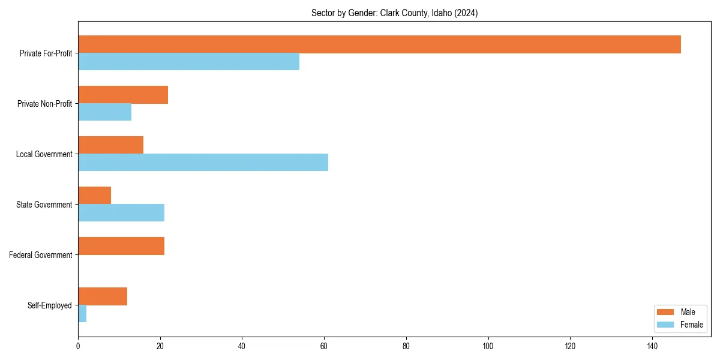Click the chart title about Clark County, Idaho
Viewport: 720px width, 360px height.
pos(394,13)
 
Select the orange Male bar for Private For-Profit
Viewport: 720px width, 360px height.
pos(379,44)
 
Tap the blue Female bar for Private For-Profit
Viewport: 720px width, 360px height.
pos(188,62)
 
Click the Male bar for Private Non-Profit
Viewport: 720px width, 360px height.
pos(123,95)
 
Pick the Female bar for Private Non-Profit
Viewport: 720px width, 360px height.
pos(104,112)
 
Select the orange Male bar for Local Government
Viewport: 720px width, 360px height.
pos(110,145)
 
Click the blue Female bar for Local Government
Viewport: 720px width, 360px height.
pos(203,163)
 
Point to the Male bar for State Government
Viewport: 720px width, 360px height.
pos(94,196)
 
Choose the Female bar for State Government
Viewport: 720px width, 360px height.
pos(121,213)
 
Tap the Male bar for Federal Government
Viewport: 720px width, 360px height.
pos(121,246)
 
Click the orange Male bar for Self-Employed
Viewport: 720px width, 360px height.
pos(103,296)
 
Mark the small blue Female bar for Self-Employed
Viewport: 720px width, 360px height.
pos(82,314)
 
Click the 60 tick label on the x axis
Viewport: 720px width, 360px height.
pos(324,346)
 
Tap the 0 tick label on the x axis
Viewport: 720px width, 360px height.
pos(78,346)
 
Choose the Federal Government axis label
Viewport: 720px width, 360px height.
pos(41,255)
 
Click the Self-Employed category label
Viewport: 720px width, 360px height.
pos(50,305)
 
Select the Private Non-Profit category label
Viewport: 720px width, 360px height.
pos(44,104)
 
